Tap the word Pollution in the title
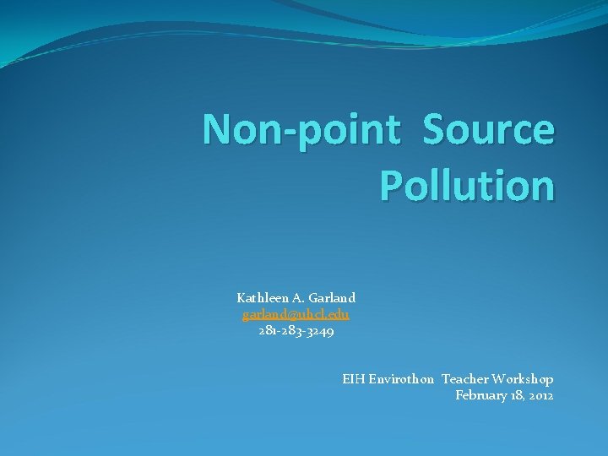tap(467, 185)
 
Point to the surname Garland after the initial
tap(332, 298)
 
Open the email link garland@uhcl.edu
tap(296, 314)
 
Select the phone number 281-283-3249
tap(296, 331)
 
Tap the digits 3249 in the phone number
tap(320, 331)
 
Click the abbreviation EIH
tap(352, 380)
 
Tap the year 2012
tap(540, 395)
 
